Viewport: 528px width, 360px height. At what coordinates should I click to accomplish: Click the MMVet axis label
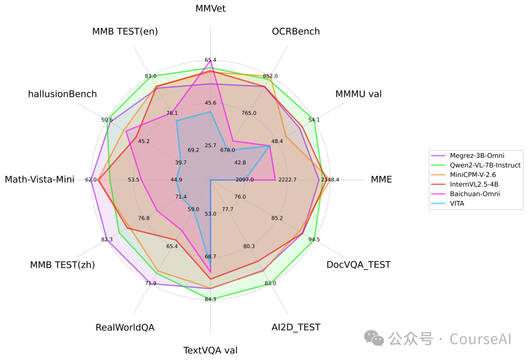click(210, 8)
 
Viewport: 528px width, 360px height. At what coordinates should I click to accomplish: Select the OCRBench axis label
click(296, 32)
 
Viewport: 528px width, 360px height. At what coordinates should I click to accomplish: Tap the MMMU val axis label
click(358, 94)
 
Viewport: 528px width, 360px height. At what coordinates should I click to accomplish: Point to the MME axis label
click(381, 180)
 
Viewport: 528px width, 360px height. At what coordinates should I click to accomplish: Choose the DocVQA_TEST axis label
click(358, 265)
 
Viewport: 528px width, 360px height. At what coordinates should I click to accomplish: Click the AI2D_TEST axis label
click(296, 327)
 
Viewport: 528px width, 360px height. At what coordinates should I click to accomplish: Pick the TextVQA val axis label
click(210, 350)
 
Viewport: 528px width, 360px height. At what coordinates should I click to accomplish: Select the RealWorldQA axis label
click(125, 327)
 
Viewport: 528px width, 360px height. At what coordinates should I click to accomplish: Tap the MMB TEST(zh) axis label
click(62, 265)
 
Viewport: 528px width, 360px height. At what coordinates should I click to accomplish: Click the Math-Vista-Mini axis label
click(40, 180)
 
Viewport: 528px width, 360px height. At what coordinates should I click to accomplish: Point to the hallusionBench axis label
click(62, 94)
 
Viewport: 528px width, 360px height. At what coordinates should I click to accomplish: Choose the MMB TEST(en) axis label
click(125, 32)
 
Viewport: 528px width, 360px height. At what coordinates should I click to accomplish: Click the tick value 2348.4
click(330, 180)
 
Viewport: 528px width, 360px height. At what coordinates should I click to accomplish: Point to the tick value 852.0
click(270, 76)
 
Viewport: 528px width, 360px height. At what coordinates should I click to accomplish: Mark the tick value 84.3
click(210, 299)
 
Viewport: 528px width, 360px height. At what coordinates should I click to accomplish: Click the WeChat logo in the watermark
click(374, 337)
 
